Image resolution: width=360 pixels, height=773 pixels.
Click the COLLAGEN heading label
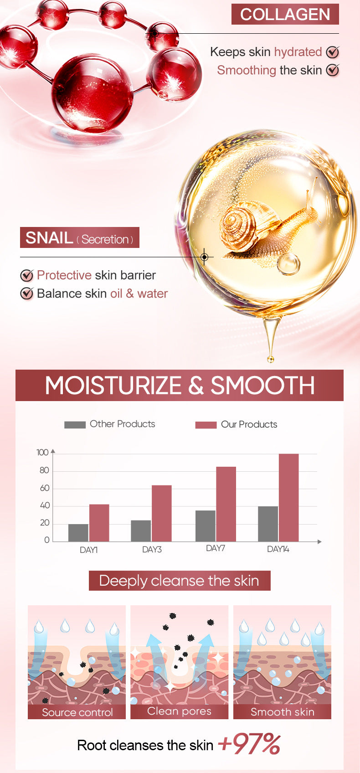pyautogui.click(x=285, y=14)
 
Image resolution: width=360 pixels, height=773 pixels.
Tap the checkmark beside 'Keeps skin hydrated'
pyautogui.click(x=333, y=52)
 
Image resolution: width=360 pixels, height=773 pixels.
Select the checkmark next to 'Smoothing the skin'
pyautogui.click(x=333, y=70)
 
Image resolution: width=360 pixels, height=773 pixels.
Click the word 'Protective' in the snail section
pyautogui.click(x=64, y=275)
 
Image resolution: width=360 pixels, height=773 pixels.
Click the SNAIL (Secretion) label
pyautogui.click(x=79, y=238)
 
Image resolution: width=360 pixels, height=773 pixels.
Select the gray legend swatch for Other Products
pyautogui.click(x=75, y=425)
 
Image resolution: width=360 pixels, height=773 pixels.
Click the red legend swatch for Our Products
pyautogui.click(x=206, y=425)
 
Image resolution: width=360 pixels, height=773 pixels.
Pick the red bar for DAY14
pyautogui.click(x=288, y=497)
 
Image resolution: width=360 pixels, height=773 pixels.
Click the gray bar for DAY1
pyautogui.click(x=78, y=532)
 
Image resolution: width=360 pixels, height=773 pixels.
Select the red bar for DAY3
pyautogui.click(x=161, y=513)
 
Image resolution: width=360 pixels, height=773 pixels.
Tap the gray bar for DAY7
pyautogui.click(x=206, y=526)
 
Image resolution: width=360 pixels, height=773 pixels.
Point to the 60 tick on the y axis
pyautogui.click(x=45, y=488)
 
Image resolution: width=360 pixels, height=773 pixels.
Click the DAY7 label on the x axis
pyautogui.click(x=216, y=548)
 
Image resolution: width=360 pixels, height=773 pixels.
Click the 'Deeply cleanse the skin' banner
pyautogui.click(x=180, y=581)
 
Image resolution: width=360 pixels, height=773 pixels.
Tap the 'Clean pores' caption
pyautogui.click(x=179, y=711)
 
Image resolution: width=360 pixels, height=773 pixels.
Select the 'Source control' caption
pyautogui.click(x=77, y=712)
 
